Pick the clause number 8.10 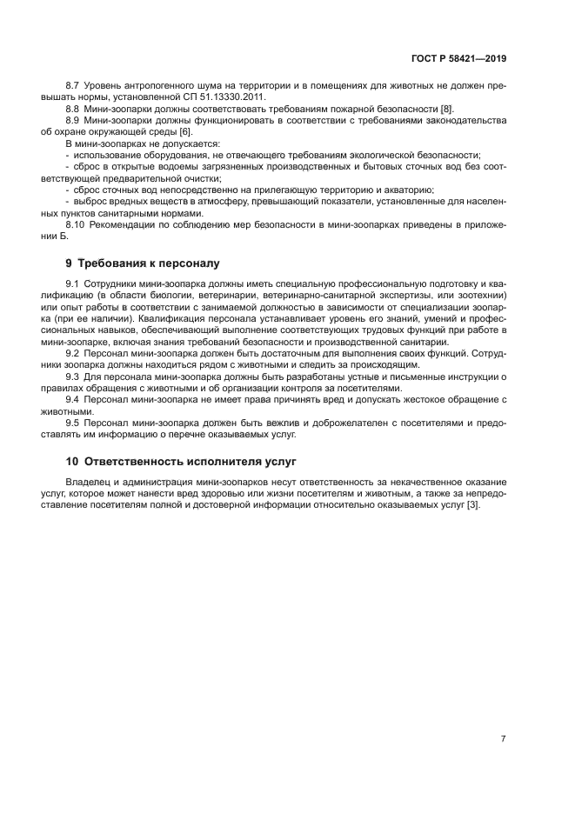(x=76, y=225)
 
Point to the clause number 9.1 (x=73, y=285)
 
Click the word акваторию (x=410, y=189)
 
